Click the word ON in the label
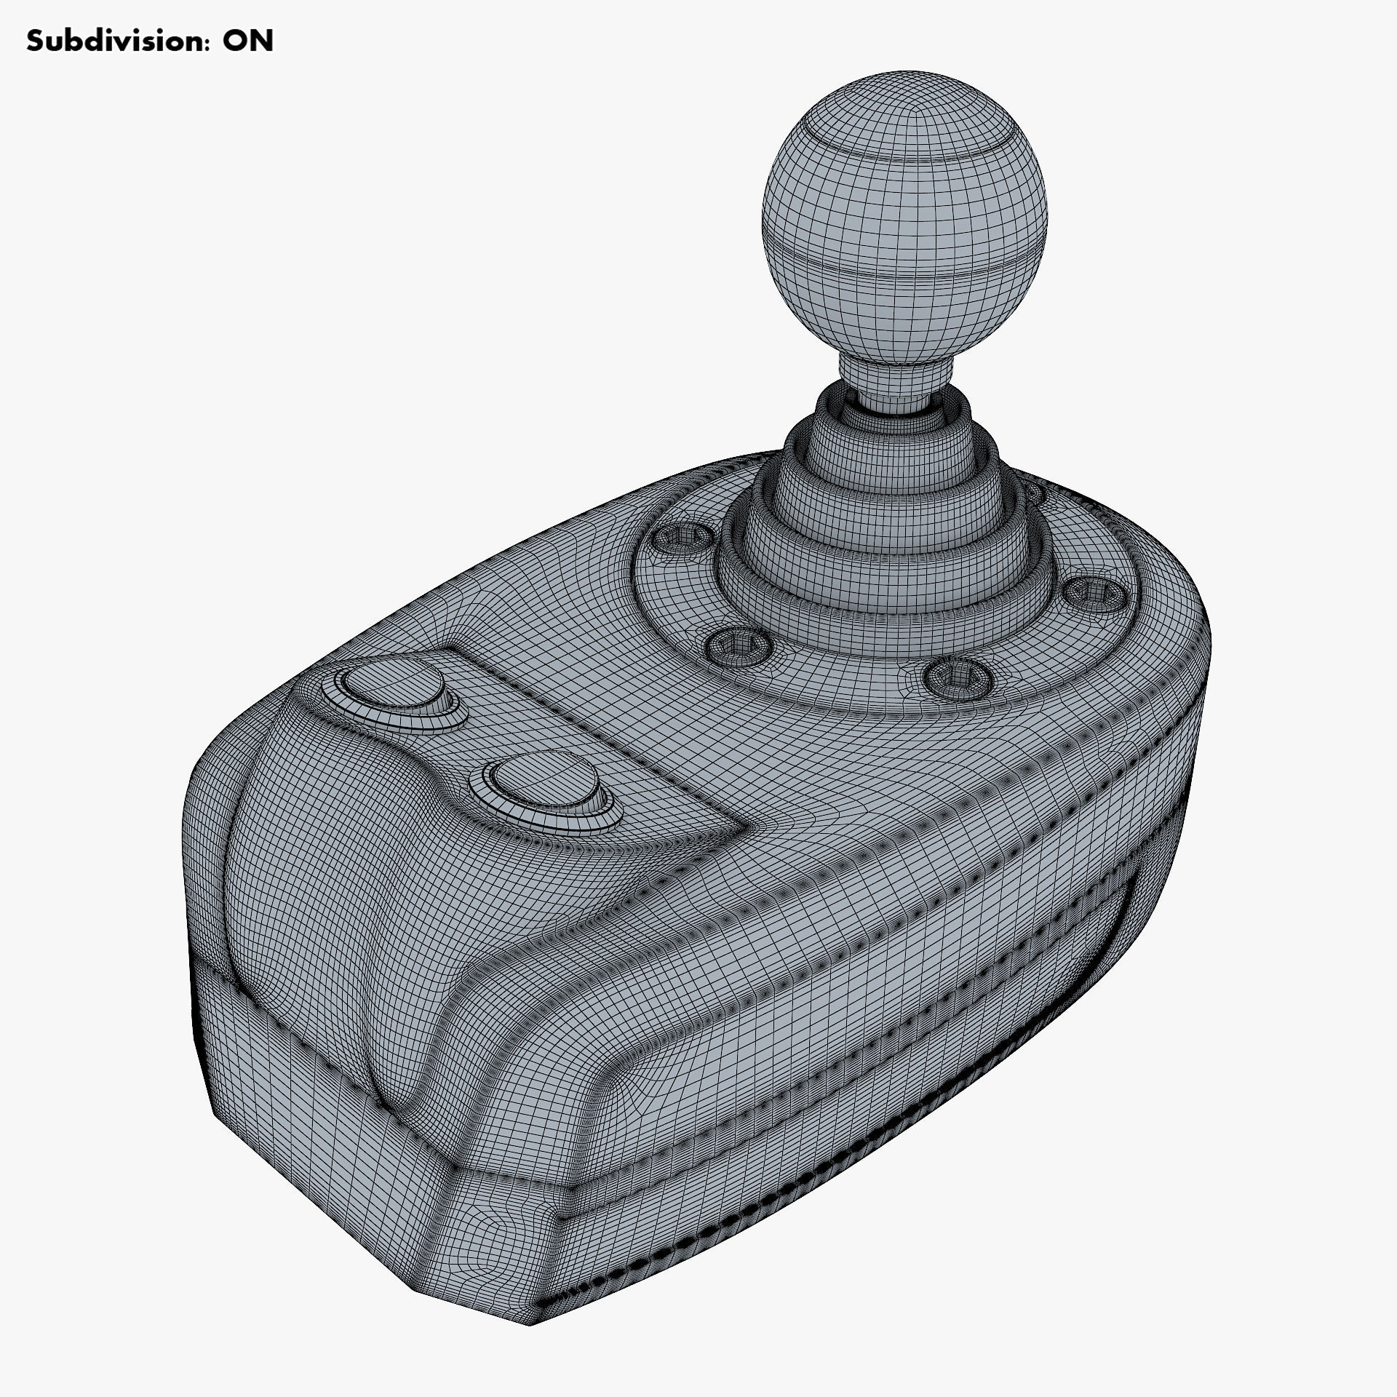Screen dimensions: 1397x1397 pos(247,41)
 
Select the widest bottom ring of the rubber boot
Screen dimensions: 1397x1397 pos(884,582)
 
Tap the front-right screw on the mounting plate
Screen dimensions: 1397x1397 pos(958,676)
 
